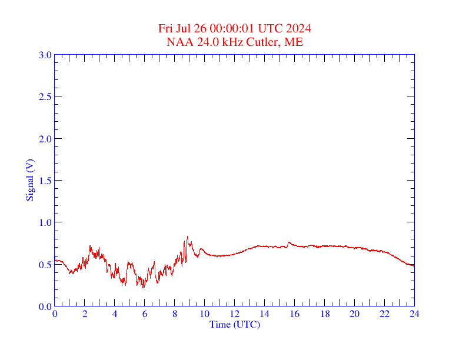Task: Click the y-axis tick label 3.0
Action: [x=45, y=55]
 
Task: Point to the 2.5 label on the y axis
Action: [x=45, y=96]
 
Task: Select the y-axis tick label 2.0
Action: [x=45, y=139]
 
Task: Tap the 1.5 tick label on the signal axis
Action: [x=45, y=181]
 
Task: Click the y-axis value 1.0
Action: [x=45, y=222]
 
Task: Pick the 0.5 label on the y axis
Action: [x=45, y=265]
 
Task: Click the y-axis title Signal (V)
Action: [x=29, y=181]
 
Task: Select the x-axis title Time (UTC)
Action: [x=235, y=324]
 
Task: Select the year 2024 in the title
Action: [x=299, y=29]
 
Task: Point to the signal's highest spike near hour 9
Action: [x=187, y=236]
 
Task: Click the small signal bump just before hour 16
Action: [x=289, y=242]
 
